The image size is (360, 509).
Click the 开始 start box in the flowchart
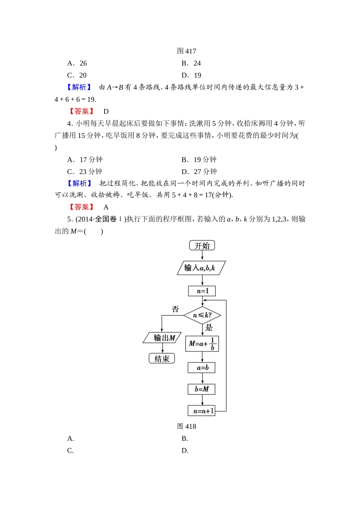coord(202,245)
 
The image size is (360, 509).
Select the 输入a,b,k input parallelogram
coord(201,268)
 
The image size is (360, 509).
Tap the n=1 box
coord(202,291)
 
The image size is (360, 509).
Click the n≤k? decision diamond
coord(202,315)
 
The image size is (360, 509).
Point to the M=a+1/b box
coord(202,343)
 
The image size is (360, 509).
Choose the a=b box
coord(202,367)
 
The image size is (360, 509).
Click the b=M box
coord(202,389)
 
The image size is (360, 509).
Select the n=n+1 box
coord(202,411)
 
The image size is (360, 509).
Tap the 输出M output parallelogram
coord(163,337)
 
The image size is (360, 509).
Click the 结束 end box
coord(162,358)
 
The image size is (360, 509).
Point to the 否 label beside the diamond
coord(175,309)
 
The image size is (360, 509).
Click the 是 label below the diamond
coord(209,328)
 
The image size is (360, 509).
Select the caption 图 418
coord(186,426)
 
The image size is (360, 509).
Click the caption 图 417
coord(186,51)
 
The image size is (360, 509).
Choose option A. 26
coord(77,63)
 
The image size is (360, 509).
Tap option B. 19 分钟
coord(199,159)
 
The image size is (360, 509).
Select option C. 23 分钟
coord(85,171)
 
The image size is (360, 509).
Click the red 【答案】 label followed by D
coord(81,111)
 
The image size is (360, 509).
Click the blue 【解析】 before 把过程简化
coord(79,183)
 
